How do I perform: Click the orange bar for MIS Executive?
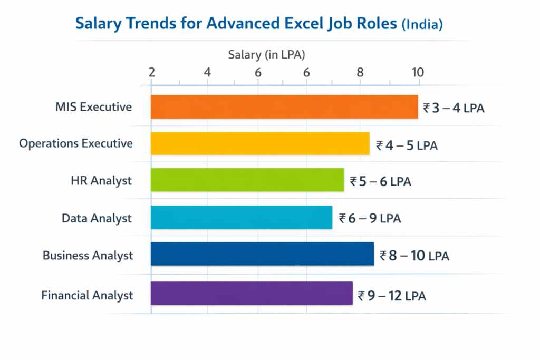point(284,107)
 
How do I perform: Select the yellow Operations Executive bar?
point(260,143)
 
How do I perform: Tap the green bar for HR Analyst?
point(247,180)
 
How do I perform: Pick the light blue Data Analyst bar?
point(241,217)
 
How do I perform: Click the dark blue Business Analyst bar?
point(262,254)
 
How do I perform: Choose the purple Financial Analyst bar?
point(252,293)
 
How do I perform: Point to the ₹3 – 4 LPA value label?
point(454,109)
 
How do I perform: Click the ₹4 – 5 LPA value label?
point(407,145)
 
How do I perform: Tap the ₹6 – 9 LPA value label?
point(370,218)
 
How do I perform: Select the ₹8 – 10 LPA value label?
point(414,256)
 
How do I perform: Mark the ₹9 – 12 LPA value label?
point(392,296)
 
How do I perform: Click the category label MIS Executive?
point(93,107)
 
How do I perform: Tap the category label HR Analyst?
point(101,181)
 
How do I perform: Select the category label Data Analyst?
point(97,218)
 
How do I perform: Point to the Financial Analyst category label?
point(87,295)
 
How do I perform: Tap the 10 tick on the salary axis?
point(418,72)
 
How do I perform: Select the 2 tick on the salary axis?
point(152,72)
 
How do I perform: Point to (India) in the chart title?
point(422,25)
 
